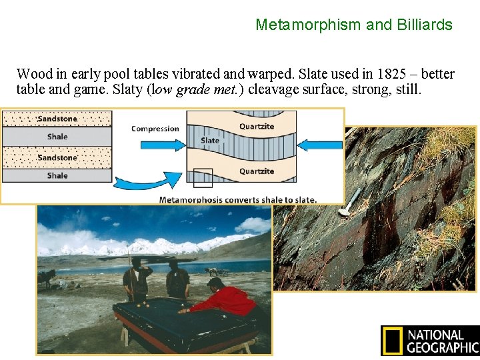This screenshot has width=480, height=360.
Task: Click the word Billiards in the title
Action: tap(424, 25)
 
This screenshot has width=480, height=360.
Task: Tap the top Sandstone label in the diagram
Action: tap(57, 119)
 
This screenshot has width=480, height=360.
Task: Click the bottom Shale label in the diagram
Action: tap(57, 175)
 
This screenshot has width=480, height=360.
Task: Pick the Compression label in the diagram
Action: tap(155, 129)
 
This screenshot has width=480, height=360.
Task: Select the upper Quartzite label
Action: tap(257, 126)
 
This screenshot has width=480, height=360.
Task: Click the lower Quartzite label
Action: tap(257, 171)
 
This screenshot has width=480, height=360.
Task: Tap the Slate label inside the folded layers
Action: tap(210, 141)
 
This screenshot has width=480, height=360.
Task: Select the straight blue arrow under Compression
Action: tap(155, 143)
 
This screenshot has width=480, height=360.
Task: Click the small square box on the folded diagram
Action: tap(203, 178)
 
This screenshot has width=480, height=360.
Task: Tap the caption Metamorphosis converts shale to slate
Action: tap(238, 199)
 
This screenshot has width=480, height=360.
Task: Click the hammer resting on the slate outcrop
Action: tap(351, 202)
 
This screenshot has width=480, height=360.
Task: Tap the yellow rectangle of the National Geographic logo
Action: tap(392, 340)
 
